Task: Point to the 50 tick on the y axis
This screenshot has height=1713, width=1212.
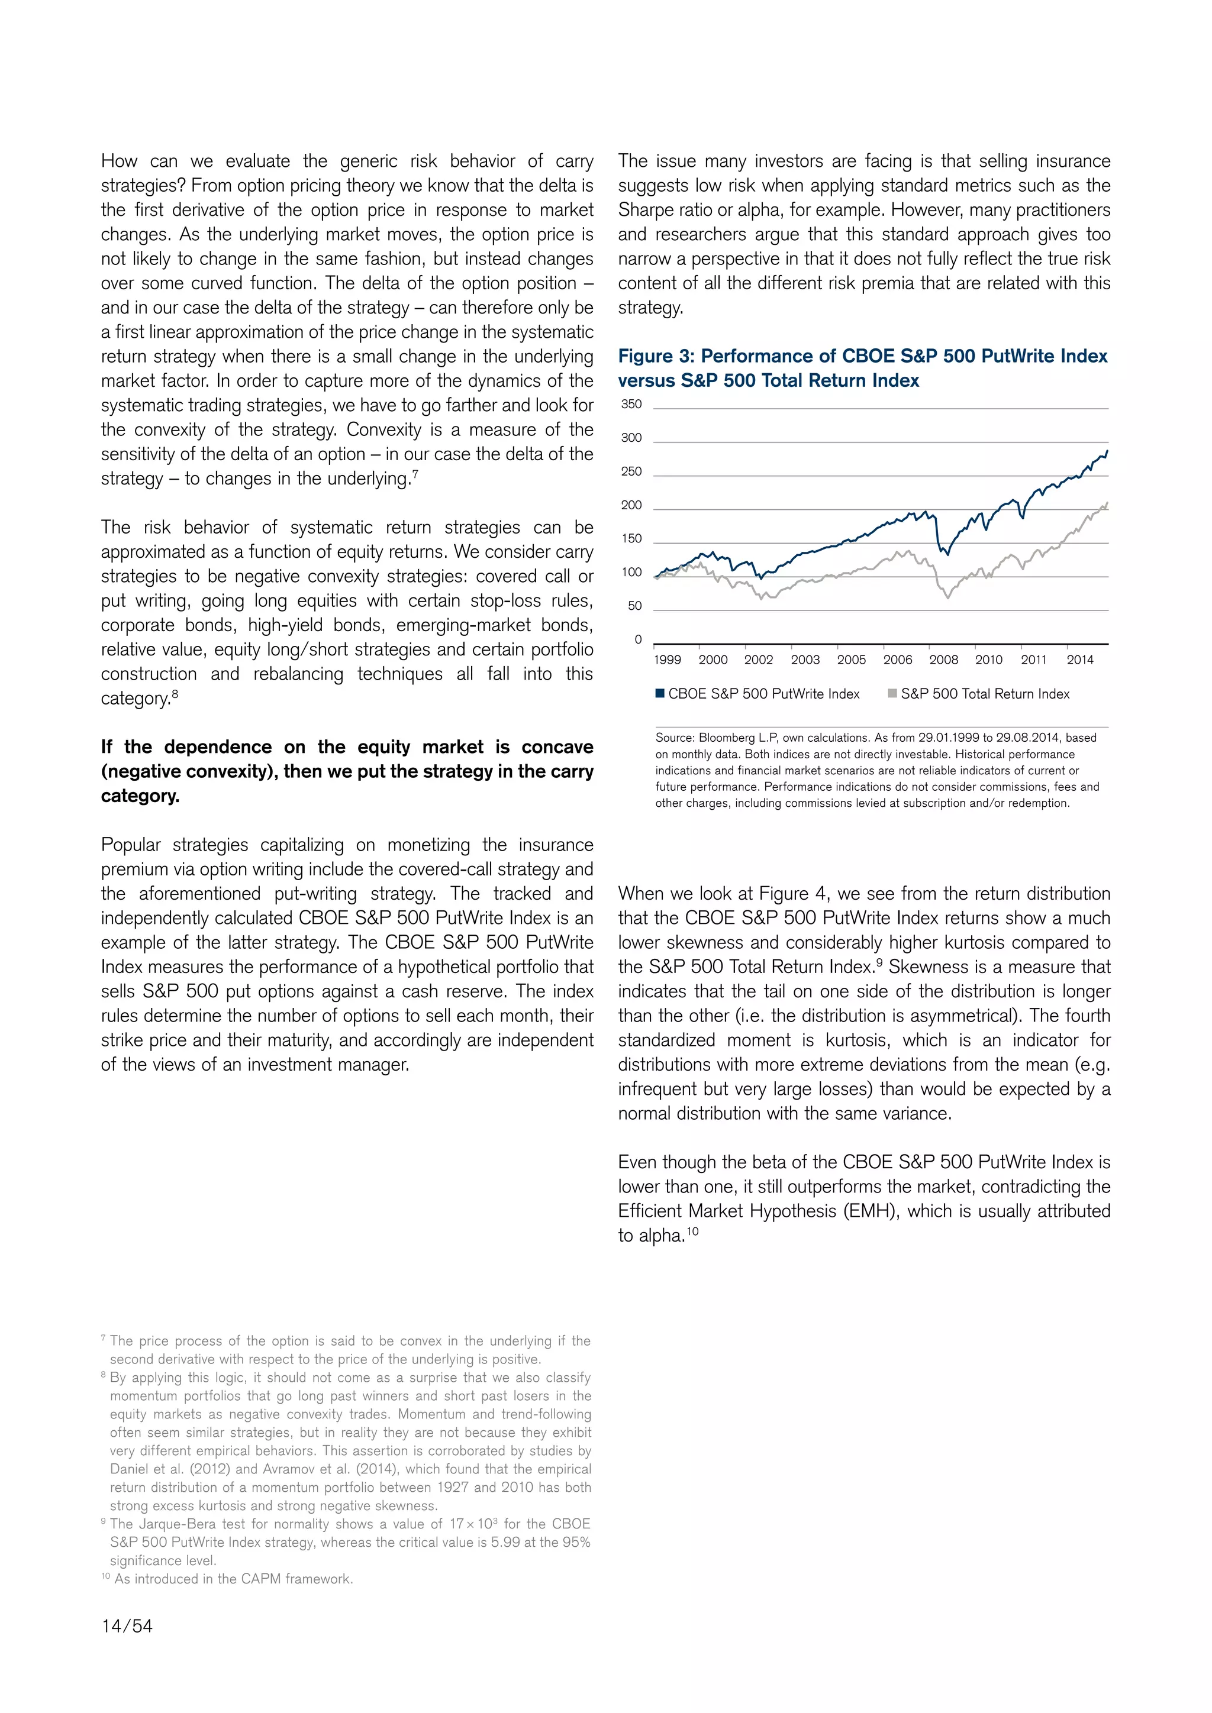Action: point(634,606)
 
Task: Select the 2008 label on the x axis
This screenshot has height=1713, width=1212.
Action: point(943,660)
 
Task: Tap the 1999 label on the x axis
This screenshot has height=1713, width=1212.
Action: point(667,660)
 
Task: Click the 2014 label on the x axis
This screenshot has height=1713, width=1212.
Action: point(1080,660)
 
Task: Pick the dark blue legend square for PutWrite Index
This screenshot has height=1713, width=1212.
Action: point(660,693)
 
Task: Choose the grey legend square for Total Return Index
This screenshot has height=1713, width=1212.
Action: point(892,693)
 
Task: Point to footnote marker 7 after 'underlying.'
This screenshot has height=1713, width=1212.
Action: point(415,474)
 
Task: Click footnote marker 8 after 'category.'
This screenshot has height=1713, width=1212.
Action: point(175,693)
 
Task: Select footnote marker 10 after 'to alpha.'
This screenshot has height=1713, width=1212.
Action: point(692,1231)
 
